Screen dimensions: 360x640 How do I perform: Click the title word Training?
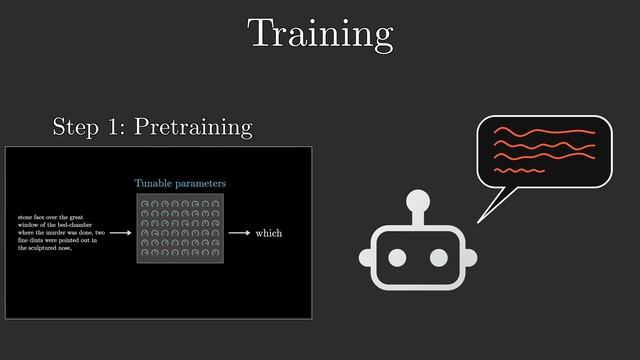[320, 34]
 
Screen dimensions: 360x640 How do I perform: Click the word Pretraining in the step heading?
[193, 127]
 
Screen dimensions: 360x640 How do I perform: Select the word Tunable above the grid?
[155, 183]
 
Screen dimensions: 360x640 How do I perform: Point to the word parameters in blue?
[202, 184]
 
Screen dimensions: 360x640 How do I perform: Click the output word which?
[269, 233]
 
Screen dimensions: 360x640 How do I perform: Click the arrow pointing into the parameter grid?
[120, 233]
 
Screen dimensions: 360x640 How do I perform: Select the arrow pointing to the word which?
[239, 233]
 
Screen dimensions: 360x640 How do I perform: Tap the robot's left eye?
[398, 258]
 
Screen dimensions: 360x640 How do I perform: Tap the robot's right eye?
[438, 258]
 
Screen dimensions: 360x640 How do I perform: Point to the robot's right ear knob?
[470, 258]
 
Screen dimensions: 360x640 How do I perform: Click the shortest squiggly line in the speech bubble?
[519, 171]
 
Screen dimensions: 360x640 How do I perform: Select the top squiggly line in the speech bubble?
[544, 131]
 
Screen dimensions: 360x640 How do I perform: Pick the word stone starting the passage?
[27, 217]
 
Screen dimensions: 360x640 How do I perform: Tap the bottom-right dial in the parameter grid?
[216, 254]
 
